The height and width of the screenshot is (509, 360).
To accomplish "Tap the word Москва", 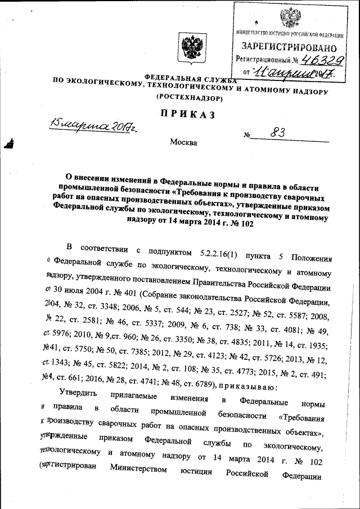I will coord(183,142).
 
